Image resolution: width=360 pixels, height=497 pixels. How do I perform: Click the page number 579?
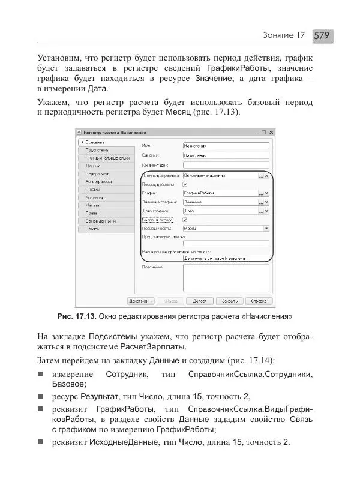tap(322, 36)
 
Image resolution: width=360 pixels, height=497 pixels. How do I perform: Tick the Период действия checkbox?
tap(185, 184)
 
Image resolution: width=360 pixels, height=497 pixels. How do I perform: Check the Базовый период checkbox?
tap(185, 220)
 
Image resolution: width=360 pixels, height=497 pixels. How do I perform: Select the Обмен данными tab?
tap(98, 221)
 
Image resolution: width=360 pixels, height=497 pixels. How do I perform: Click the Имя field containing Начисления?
tap(224, 145)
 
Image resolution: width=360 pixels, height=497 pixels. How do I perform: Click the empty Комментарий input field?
tap(224, 164)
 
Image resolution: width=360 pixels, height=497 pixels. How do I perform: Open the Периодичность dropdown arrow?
tap(266, 228)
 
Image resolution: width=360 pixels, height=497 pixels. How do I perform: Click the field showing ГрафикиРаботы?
tap(220, 193)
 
